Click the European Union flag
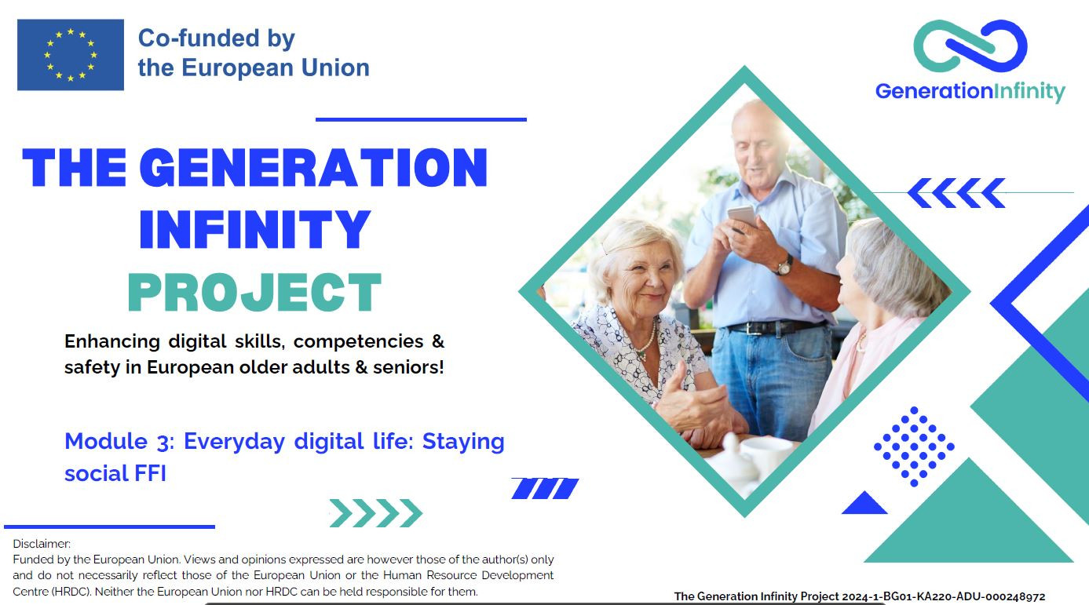coord(71,54)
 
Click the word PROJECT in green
coord(254,292)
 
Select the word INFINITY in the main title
coord(254,229)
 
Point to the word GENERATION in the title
coord(313,168)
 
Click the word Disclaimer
coord(42,544)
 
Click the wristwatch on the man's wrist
coord(784,266)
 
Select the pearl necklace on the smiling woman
coord(648,340)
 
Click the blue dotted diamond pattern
coord(914,446)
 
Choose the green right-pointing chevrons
coord(376,513)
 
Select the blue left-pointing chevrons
coord(956,193)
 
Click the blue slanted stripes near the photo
coord(545,488)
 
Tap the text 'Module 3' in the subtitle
coord(119,442)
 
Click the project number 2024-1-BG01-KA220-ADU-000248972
coord(944,596)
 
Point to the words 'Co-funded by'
coord(217,38)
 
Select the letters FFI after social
coord(150,473)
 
